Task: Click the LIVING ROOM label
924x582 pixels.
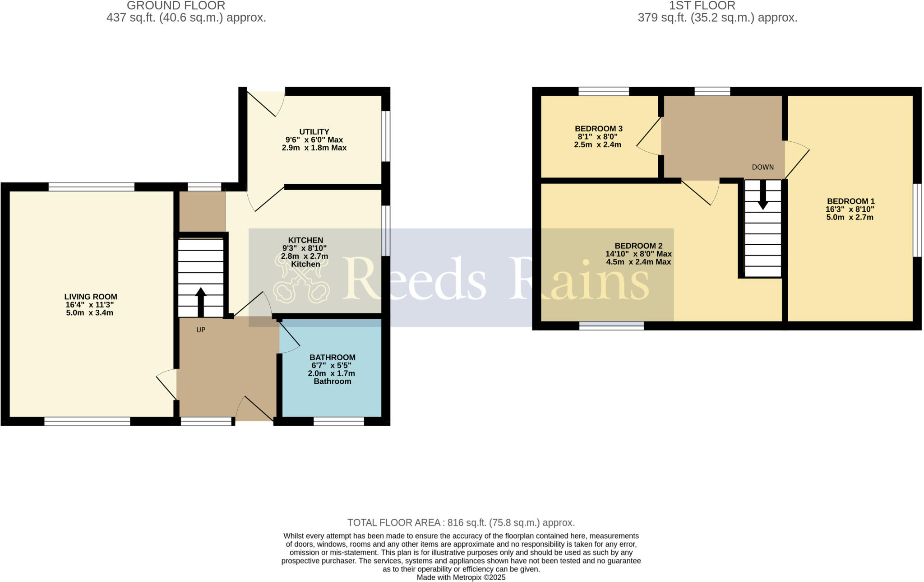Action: coord(91,297)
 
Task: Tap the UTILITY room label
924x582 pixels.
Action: coord(314,132)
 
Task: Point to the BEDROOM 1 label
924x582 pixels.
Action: coord(850,201)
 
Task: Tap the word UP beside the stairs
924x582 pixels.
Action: coord(201,330)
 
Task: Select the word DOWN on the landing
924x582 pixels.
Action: coord(762,167)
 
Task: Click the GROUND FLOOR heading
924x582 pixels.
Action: coord(176,6)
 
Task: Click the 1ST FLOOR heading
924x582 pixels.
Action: coord(717,6)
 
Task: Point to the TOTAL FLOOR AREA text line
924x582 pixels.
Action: coord(461,522)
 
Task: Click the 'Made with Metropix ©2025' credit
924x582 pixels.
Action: coord(461,577)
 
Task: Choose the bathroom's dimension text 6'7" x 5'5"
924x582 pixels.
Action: coord(331,365)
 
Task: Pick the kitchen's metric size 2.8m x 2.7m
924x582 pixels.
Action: coord(305,256)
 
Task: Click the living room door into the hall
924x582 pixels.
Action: coord(167,384)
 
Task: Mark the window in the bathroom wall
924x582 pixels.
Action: coord(338,421)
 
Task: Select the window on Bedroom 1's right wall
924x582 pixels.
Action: coord(917,220)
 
